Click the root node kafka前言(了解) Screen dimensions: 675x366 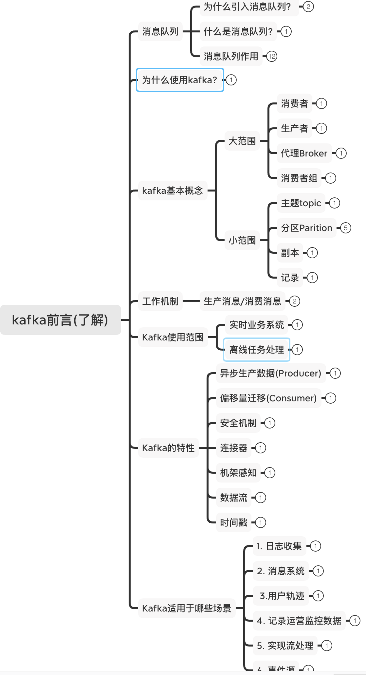(60, 320)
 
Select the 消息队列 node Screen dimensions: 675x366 (160, 32)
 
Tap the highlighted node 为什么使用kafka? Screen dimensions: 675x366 (180, 80)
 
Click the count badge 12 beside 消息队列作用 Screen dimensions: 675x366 (272, 56)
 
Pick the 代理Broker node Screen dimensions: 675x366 (304, 153)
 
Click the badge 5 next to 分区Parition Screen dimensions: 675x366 (346, 228)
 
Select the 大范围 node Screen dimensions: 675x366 (242, 141)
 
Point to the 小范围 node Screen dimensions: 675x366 (242, 240)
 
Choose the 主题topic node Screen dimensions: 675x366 (301, 203)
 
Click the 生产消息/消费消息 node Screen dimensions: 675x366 (242, 301)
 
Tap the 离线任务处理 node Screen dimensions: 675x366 (256, 350)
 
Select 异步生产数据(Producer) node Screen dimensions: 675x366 (271, 373)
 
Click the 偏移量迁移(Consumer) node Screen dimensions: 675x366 (268, 398)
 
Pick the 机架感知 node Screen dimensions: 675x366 (238, 473)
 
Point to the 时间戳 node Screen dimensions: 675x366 (233, 522)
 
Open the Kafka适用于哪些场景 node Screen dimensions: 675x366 (187, 608)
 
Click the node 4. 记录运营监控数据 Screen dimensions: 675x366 (299, 621)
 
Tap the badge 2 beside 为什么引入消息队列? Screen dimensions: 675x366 (308, 6)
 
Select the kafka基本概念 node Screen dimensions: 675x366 (172, 191)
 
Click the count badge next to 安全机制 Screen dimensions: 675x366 (270, 423)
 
